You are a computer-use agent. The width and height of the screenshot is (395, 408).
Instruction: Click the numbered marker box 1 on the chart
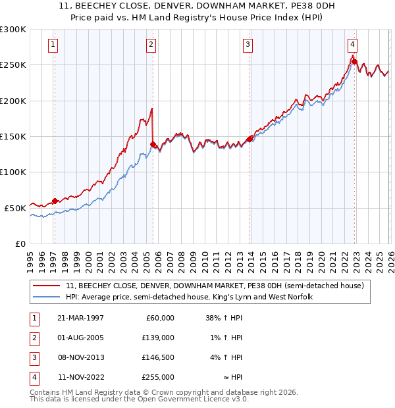pyautogui.click(x=53, y=45)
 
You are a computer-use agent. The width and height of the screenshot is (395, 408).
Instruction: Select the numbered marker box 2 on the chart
pyautogui.click(x=151, y=45)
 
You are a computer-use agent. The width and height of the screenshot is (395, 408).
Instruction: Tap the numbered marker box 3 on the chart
pyautogui.click(x=248, y=45)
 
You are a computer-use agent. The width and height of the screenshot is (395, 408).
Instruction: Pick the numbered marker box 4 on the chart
pyautogui.click(x=353, y=45)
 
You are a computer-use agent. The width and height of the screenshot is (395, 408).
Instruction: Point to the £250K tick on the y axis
pyautogui.click(x=13, y=65)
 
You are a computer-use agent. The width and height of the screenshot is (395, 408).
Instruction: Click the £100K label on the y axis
pyautogui.click(x=13, y=172)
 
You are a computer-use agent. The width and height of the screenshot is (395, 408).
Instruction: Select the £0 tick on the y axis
pyautogui.click(x=20, y=243)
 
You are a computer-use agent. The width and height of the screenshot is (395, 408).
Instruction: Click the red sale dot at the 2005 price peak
pyautogui.click(x=153, y=144)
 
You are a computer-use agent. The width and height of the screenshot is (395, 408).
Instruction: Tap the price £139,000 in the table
pyautogui.click(x=157, y=338)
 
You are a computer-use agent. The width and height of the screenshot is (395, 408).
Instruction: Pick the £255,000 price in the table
pyautogui.click(x=157, y=378)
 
